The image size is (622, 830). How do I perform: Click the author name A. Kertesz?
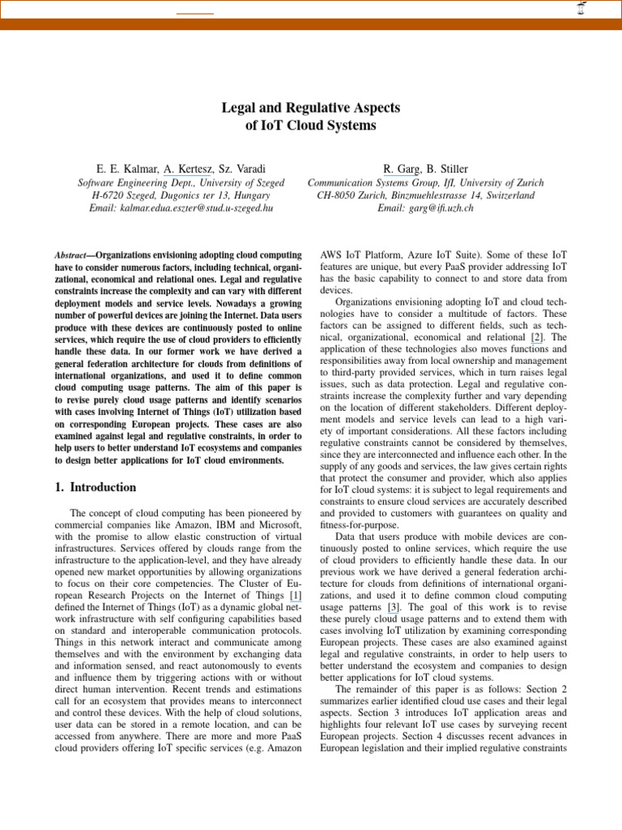189,169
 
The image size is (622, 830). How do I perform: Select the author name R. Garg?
402,169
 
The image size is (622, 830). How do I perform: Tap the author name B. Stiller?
448,169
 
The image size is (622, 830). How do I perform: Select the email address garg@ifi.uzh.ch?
425,208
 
